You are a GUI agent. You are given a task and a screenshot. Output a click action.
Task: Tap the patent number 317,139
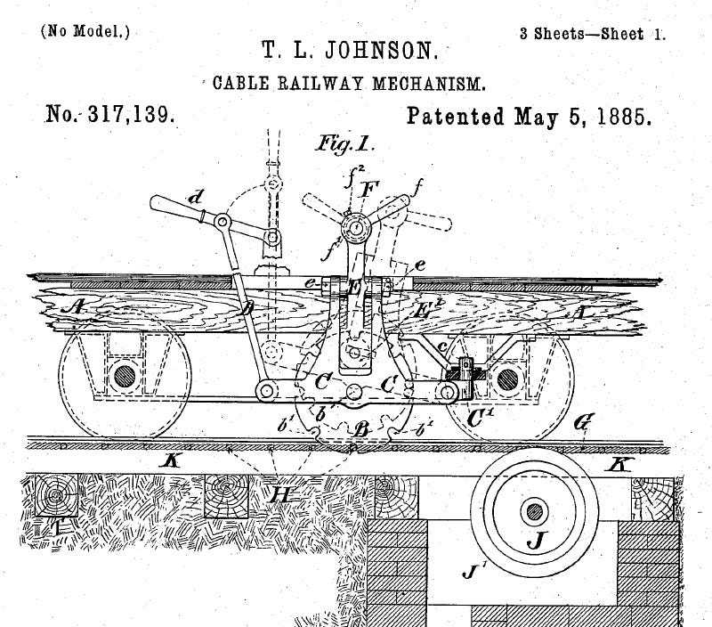[125, 116]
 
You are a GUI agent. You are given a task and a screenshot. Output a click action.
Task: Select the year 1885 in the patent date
[622, 117]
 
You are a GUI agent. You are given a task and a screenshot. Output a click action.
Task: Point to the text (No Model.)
[85, 32]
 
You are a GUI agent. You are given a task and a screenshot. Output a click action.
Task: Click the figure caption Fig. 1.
[345, 144]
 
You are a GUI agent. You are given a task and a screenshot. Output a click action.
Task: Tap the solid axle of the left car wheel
[125, 374]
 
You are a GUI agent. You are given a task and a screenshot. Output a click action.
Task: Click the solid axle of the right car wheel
[507, 378]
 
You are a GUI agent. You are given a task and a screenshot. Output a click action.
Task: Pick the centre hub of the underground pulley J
[534, 511]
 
